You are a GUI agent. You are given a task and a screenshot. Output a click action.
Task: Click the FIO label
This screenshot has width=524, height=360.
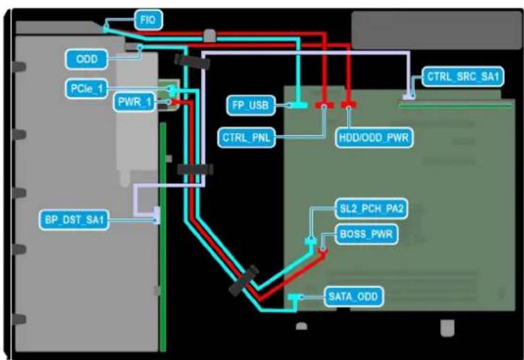point(149,20)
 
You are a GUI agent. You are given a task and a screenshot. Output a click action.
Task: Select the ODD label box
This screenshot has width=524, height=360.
point(87,59)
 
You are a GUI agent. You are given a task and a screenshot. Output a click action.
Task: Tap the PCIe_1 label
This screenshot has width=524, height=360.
point(86,89)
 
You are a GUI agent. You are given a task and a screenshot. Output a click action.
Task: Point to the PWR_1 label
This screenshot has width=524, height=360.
point(134,102)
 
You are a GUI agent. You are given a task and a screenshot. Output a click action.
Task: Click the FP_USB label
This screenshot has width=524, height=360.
point(251,105)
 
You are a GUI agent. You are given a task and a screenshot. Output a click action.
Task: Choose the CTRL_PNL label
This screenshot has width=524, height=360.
point(247,137)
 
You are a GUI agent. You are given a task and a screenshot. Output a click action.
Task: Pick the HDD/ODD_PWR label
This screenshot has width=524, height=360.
point(374,137)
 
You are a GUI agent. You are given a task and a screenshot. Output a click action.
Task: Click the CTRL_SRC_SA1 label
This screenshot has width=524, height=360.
point(463,77)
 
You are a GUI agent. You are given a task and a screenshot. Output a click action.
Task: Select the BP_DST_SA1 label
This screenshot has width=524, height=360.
point(74,220)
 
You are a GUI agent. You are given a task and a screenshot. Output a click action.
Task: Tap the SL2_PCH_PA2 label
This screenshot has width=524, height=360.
point(372,208)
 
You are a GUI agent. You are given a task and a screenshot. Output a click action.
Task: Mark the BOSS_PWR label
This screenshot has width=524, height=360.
point(366,234)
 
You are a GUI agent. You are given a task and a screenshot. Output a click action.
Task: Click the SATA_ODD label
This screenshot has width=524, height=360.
point(353,297)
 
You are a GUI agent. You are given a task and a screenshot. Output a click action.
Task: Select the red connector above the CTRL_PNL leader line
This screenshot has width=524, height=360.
point(324,105)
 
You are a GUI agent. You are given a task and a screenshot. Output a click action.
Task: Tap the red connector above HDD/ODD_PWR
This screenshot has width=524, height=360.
point(348,105)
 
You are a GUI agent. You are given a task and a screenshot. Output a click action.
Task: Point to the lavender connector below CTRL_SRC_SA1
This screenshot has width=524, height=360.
point(409,97)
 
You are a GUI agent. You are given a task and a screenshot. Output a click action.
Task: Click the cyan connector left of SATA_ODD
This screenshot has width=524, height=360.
point(294,297)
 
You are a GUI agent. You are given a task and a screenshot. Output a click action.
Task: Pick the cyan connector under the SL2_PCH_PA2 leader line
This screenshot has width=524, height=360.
point(311,240)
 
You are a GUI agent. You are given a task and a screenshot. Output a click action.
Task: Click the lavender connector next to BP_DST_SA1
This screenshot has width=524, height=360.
point(156,216)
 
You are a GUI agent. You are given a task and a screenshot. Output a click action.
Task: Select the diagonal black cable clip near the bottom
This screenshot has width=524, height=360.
point(244,280)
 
